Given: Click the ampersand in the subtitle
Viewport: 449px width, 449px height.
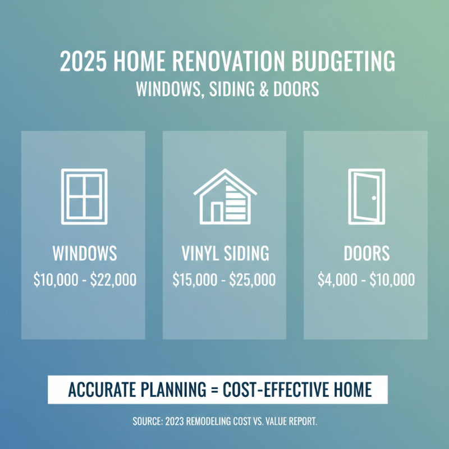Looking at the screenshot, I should [250, 90].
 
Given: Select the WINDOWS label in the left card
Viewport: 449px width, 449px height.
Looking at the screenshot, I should [85, 254].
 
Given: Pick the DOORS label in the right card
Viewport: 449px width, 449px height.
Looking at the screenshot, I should [366, 254].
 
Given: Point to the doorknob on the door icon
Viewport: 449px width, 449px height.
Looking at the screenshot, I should [374, 197].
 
